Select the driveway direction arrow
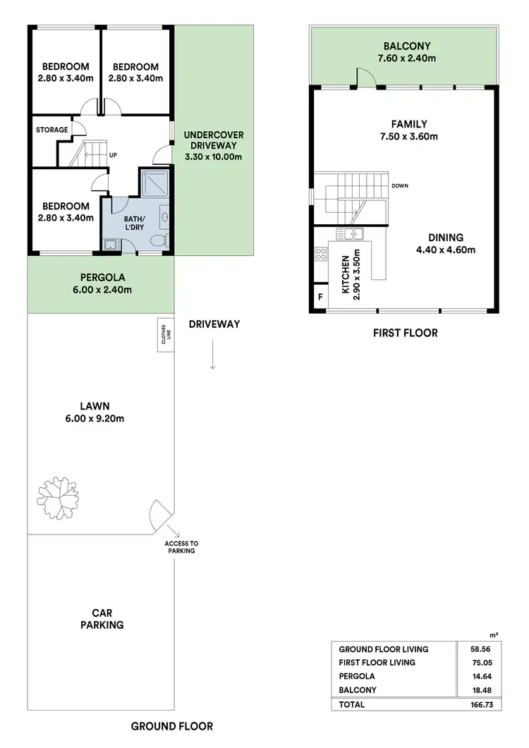[x=213, y=357]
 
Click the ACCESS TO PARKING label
[x=181, y=546]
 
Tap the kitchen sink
[x=349, y=233]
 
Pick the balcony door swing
[x=365, y=77]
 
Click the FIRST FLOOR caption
[x=405, y=333]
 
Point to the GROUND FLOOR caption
[x=172, y=726]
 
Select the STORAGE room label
[x=52, y=130]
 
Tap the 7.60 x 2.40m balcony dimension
[x=405, y=58]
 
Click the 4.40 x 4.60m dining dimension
[x=444, y=250]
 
